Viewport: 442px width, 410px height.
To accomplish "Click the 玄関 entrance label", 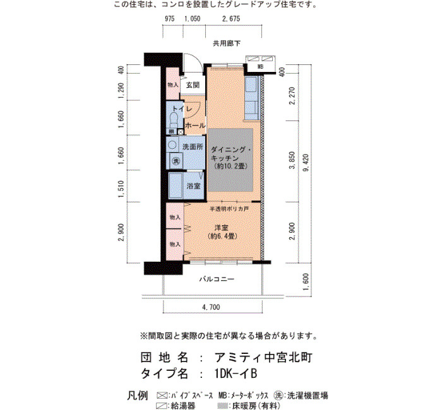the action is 193,85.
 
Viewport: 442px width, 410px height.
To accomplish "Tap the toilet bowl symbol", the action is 174,120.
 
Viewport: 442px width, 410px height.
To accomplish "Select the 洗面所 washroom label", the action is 193,147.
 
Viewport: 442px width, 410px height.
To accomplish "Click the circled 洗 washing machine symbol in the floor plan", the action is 176,161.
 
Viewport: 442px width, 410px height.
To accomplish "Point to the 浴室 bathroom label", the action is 193,186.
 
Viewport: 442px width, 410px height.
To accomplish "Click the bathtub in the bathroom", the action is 176,185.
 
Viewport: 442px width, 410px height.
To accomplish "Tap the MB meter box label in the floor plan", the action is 260,67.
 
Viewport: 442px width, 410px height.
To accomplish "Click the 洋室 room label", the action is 221,228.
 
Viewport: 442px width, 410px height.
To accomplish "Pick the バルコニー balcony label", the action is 217,279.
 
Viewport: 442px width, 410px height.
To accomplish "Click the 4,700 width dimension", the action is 211,307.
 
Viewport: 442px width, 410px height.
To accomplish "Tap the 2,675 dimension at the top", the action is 231,18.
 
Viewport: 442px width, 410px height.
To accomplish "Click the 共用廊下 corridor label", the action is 227,44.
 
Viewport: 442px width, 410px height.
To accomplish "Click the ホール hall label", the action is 195,126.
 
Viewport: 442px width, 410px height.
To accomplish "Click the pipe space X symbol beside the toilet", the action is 180,131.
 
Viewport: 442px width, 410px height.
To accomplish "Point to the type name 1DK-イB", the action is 236,373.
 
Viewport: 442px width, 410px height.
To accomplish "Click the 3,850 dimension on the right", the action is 292,160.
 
